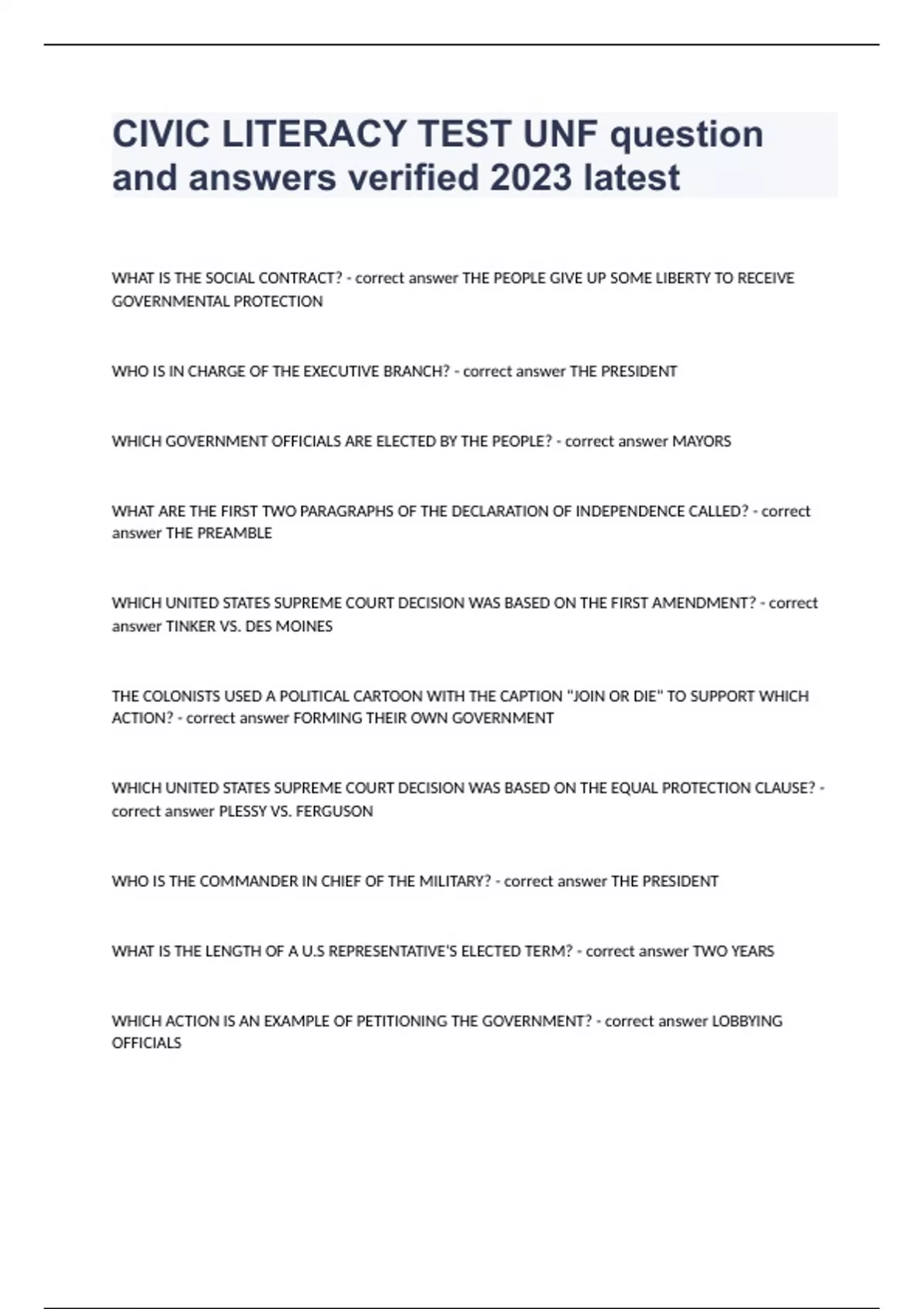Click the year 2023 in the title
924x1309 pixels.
tap(531, 178)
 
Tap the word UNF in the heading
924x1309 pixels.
tap(560, 134)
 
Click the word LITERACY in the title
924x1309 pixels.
tap(314, 134)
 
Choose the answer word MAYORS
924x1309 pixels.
tap(701, 442)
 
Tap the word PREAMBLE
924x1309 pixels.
tap(236, 534)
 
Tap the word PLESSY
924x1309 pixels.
tap(243, 812)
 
